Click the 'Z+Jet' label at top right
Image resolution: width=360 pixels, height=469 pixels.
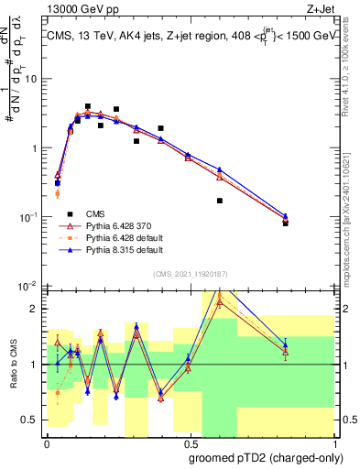[320, 10]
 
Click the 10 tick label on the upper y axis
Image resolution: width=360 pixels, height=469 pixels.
[30, 79]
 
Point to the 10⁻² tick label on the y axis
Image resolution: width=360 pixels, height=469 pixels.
[29, 286]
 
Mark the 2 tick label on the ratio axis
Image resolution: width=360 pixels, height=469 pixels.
[35, 309]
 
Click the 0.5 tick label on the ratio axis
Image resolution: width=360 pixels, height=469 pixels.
[31, 420]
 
